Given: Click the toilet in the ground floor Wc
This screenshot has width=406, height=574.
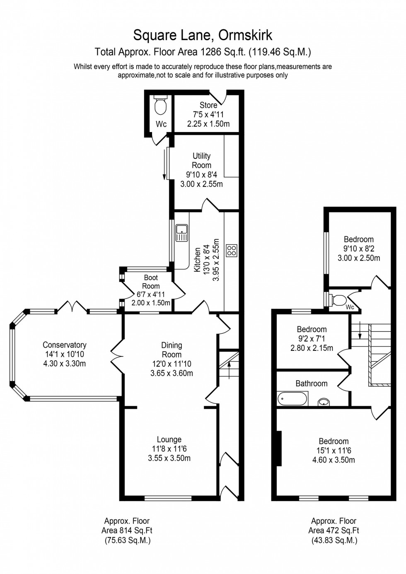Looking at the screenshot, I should [x=160, y=106].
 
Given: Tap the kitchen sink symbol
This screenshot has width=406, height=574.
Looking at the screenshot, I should [x=182, y=233].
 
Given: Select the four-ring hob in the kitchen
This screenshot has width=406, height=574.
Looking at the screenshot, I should [x=232, y=250].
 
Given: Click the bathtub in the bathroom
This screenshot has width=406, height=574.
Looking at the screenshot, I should [x=292, y=399].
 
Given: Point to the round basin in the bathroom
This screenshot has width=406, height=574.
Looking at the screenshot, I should [x=324, y=402].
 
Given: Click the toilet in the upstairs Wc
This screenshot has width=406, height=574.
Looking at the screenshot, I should [x=339, y=299].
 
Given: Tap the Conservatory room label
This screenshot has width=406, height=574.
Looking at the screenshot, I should [x=64, y=345].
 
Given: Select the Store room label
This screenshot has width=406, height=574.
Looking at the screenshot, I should [x=208, y=105].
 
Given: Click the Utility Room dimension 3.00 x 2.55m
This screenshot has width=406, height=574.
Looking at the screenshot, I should [x=201, y=184].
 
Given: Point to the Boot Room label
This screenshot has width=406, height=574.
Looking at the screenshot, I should [x=151, y=282].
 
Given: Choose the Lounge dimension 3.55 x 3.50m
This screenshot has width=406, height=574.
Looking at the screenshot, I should [x=169, y=458].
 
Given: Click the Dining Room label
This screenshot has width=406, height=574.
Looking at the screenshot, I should [x=172, y=350].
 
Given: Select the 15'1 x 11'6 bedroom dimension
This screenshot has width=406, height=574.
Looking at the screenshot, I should [x=333, y=451].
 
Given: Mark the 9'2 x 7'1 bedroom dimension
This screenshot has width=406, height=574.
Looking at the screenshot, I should [x=312, y=339].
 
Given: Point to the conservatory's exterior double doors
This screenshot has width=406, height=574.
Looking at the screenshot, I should [x=72, y=307].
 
